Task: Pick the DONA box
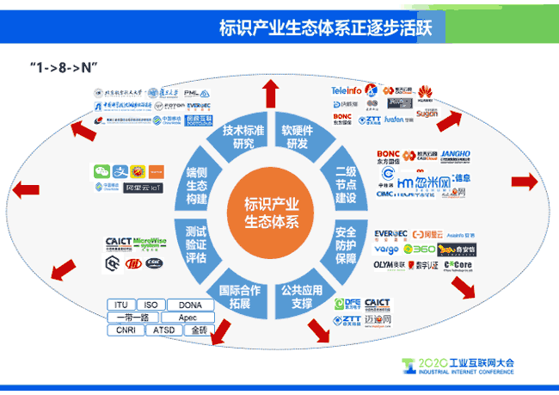[x=190, y=305]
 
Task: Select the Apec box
[x=187, y=317]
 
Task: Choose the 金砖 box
[x=199, y=330]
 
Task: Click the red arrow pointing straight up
[x=271, y=90]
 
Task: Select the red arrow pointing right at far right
[x=524, y=182]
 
